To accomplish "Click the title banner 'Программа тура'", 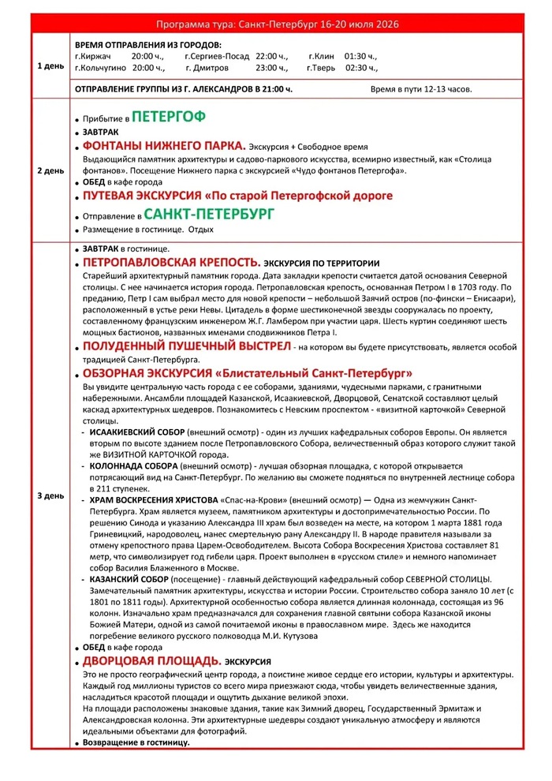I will pyautogui.click(x=277, y=24).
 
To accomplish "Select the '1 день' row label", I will pyautogui.click(x=51, y=66).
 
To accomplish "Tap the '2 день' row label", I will pyautogui.click(x=51, y=170).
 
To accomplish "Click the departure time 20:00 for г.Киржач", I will pyautogui.click(x=147, y=56).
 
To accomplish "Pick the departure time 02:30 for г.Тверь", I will pyautogui.click(x=362, y=68).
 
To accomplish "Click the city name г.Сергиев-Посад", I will pyautogui.click(x=215, y=56).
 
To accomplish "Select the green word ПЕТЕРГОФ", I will pyautogui.click(x=168, y=117).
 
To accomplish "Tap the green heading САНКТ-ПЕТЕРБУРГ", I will pyautogui.click(x=209, y=214).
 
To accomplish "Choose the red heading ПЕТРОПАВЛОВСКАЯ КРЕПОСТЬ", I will pyautogui.click(x=171, y=262).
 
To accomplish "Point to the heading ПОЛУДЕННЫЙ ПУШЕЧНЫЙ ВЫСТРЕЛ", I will pyautogui.click(x=185, y=346).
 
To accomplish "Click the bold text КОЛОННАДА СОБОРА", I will pyautogui.click(x=133, y=466).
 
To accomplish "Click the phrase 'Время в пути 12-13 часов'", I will pyautogui.click(x=421, y=89).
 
